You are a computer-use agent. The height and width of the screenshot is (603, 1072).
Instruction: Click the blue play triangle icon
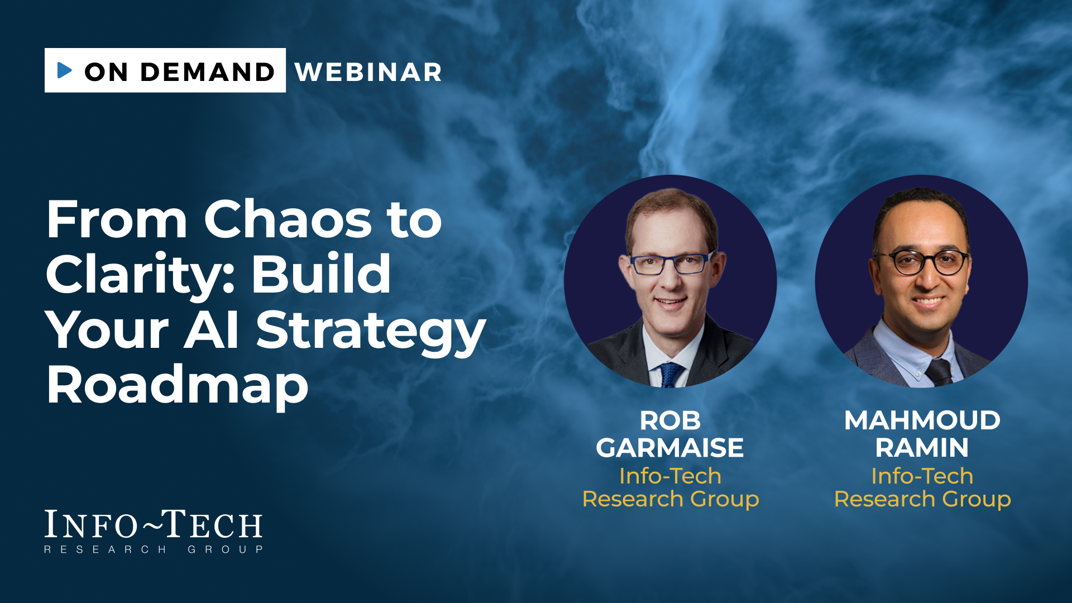(65, 70)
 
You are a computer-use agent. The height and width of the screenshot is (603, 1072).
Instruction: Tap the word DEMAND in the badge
(208, 72)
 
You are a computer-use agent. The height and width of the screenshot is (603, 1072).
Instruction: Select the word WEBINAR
(368, 72)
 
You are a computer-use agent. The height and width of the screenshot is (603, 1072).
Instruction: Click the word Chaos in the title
(288, 219)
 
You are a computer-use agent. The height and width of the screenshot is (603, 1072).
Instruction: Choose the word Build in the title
(321, 274)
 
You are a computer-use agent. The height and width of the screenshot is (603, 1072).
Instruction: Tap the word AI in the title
(212, 329)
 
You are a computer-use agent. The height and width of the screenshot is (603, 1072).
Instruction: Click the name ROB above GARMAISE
(670, 421)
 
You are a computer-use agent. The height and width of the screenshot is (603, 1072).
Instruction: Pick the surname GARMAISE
(670, 448)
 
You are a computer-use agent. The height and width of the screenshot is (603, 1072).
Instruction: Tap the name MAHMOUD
(922, 420)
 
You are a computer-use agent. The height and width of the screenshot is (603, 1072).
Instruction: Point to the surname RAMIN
(922, 448)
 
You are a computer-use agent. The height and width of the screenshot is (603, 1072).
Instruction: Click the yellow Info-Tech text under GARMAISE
(670, 476)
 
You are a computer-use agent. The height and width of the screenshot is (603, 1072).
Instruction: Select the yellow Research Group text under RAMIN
(922, 499)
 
